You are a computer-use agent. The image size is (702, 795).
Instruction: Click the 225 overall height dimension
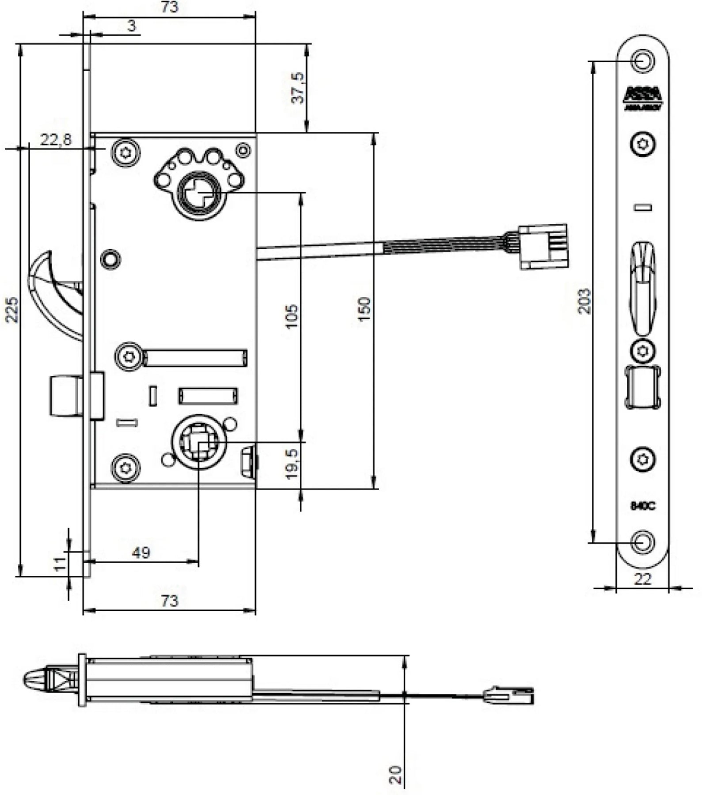(x=12, y=310)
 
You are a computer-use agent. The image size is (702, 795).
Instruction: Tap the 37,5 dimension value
(x=299, y=88)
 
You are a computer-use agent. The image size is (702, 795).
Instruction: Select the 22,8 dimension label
(x=55, y=140)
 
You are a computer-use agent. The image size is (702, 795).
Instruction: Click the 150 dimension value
(x=365, y=309)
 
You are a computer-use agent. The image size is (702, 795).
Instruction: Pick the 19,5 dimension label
(x=292, y=464)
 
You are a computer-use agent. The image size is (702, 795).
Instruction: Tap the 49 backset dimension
(x=141, y=553)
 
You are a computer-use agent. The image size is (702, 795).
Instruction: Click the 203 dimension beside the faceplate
(x=584, y=301)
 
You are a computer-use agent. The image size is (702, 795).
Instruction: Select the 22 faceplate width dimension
(x=642, y=579)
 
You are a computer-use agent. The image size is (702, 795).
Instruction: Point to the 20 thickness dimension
(x=396, y=775)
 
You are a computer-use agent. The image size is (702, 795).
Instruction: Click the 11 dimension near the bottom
(x=60, y=564)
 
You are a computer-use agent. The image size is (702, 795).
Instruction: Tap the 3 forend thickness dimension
(x=132, y=26)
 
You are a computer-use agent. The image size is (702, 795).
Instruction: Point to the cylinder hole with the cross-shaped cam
(x=199, y=194)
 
